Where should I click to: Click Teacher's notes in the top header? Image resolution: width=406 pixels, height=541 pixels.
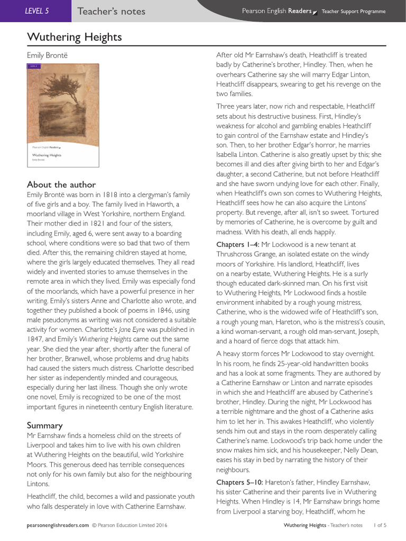(x=111, y=11)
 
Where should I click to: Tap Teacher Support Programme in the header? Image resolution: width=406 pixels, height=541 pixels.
(x=354, y=12)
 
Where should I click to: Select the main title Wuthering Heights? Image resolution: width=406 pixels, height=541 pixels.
(x=74, y=37)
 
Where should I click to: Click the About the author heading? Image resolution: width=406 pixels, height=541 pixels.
(x=61, y=184)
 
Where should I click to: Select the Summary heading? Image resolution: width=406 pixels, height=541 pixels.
(x=45, y=425)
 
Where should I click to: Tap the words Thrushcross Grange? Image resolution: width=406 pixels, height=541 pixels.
(x=244, y=254)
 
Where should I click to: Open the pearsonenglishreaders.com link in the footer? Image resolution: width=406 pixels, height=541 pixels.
(x=58, y=526)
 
